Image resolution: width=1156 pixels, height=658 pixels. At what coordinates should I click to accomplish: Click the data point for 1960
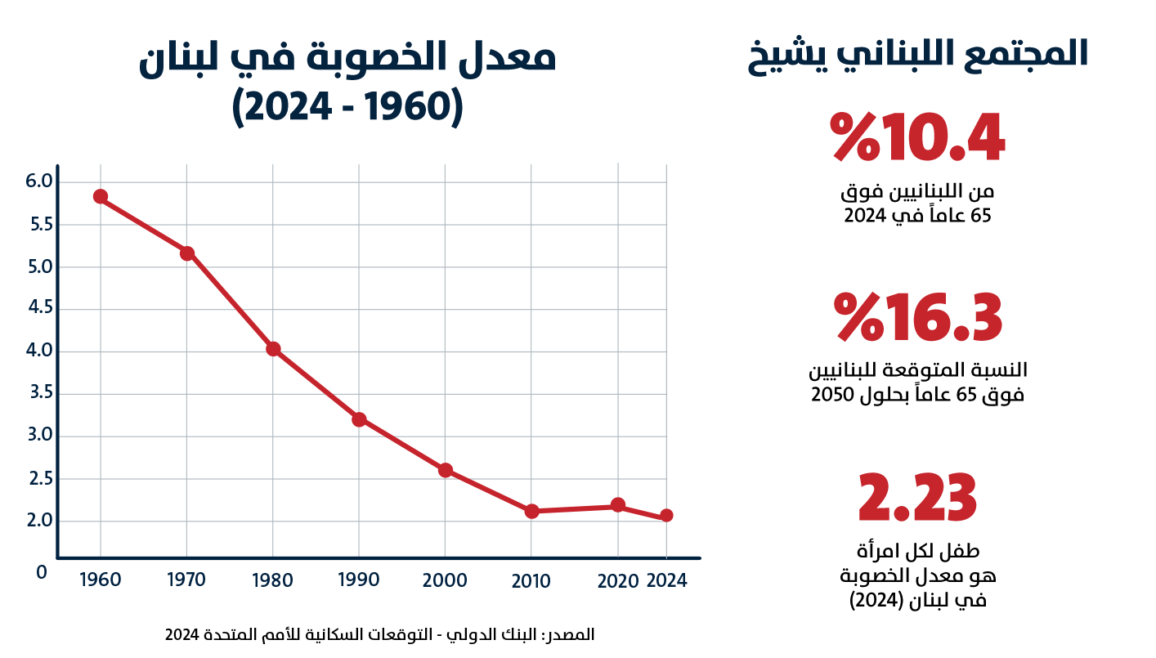click(101, 197)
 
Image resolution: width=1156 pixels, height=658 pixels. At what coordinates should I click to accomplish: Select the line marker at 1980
click(273, 349)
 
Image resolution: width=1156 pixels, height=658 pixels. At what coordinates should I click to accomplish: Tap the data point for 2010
click(531, 512)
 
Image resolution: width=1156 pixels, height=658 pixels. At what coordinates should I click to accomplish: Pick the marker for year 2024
click(666, 516)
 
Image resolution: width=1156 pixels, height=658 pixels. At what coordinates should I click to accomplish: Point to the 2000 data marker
click(446, 470)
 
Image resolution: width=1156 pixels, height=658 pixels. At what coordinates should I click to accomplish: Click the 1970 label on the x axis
click(186, 580)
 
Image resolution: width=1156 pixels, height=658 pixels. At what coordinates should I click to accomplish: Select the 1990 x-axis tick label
click(359, 580)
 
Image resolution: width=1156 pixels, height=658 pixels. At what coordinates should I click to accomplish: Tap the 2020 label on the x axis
click(618, 582)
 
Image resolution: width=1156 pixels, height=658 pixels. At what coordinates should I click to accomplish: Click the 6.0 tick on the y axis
click(39, 181)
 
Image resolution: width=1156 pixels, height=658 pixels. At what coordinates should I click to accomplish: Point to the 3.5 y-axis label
click(41, 392)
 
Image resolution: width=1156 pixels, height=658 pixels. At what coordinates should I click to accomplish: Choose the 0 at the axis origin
click(42, 572)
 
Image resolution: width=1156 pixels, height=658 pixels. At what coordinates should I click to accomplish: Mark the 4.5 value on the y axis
click(40, 307)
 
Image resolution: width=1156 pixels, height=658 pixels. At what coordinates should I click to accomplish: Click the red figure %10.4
click(917, 137)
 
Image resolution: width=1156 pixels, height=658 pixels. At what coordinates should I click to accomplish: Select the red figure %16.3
click(917, 317)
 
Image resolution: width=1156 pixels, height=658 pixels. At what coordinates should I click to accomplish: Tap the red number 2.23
click(917, 498)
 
